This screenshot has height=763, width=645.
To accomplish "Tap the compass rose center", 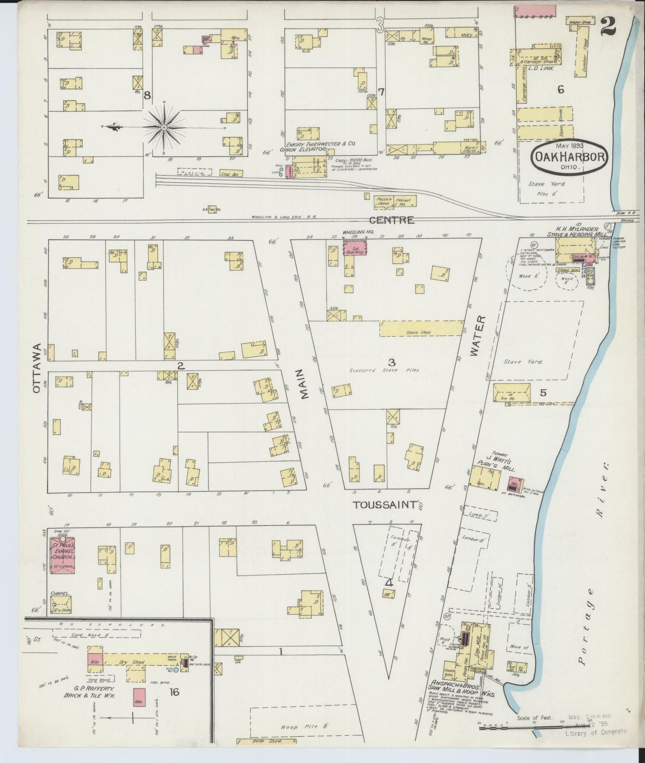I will [x=164, y=128].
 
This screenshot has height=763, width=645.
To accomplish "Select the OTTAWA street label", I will [x=37, y=368].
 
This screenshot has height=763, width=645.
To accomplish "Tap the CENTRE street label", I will [x=391, y=220].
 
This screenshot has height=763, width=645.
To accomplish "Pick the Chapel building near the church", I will [x=61, y=605].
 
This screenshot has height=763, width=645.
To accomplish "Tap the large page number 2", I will [x=608, y=27].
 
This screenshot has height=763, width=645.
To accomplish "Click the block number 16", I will [x=174, y=692].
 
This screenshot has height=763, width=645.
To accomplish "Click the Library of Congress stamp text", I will [x=595, y=731].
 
